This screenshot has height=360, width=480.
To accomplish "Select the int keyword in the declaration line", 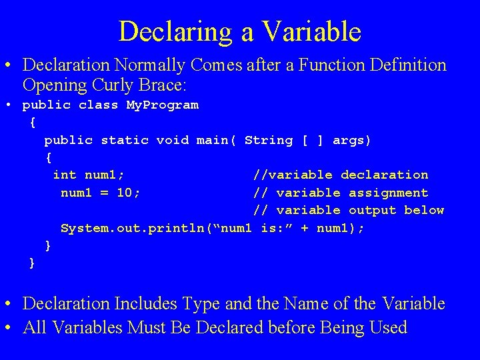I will pos(65,175).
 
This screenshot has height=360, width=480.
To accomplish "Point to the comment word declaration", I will pos(385,175).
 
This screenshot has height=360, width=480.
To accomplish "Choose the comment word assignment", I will pos(385,193).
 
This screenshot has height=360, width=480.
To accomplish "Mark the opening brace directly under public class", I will pos(33,123).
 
